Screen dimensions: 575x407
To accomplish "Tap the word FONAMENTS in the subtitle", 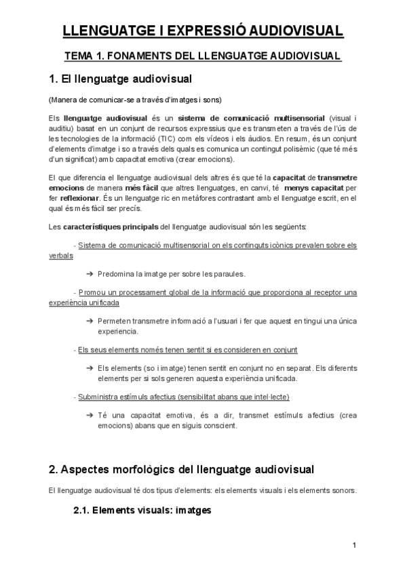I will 147,56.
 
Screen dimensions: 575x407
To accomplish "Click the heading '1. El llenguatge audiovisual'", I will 121,79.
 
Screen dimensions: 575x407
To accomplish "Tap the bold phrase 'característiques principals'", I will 111,225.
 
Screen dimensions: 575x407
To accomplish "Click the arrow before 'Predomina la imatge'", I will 90,274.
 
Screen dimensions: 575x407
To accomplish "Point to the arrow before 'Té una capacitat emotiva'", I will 90,414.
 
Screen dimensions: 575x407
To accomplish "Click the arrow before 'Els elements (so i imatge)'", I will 90,368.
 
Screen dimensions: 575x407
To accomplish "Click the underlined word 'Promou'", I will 96,292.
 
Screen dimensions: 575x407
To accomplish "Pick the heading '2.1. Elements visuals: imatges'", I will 142,511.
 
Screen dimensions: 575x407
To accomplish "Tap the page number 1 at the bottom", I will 354,545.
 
